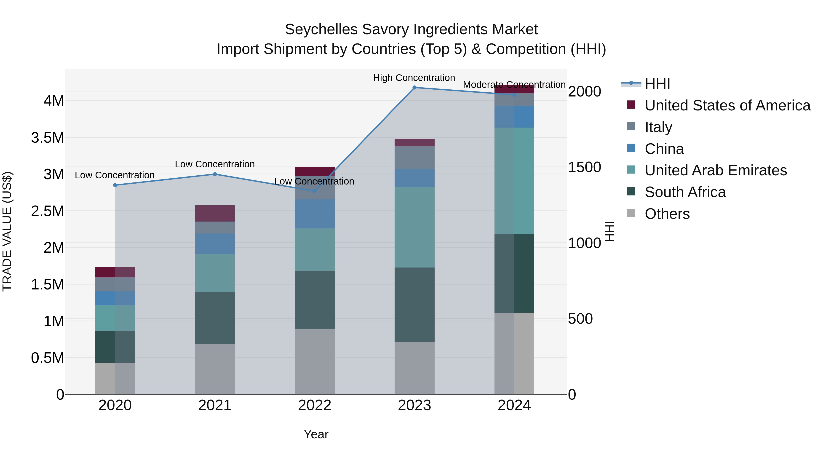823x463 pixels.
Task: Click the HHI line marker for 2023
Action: point(414,87)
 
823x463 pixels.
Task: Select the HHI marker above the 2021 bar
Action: point(215,174)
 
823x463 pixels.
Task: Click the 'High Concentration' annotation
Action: point(414,78)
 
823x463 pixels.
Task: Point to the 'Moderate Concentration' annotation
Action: point(514,85)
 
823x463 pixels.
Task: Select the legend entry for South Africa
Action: point(685,192)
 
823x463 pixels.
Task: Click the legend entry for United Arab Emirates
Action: point(716,170)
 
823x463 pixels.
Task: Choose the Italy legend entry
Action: point(658,127)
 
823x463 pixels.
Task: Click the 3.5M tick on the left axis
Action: point(47,138)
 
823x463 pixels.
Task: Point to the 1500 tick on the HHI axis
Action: point(584,167)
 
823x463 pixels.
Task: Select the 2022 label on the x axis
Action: point(314,405)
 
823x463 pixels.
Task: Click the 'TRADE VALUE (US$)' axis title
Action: point(7,231)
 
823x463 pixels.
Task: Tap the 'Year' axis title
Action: point(316,434)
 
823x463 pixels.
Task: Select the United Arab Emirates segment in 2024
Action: point(514,181)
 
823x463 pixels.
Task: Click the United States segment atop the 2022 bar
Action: point(314,171)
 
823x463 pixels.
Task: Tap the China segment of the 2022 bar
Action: point(314,214)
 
